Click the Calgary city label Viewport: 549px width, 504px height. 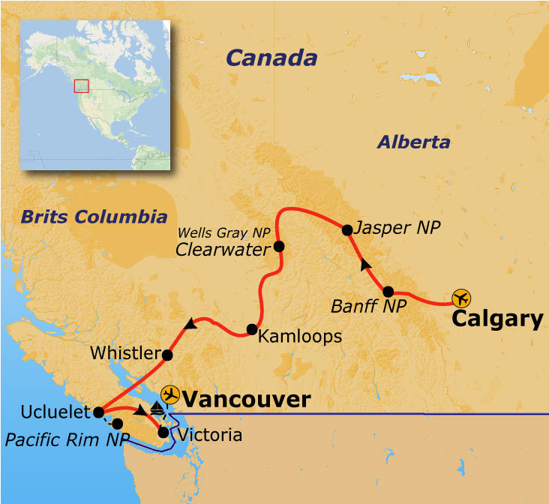(x=497, y=319)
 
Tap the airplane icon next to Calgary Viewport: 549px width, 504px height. (x=462, y=297)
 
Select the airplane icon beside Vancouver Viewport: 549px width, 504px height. (x=171, y=394)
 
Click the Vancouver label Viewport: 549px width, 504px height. (x=246, y=399)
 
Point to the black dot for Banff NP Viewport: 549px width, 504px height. (x=388, y=292)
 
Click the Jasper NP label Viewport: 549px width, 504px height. (x=398, y=227)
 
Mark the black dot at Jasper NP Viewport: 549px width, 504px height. (x=347, y=230)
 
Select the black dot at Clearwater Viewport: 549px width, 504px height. (x=279, y=246)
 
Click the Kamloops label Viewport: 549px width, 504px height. (x=299, y=337)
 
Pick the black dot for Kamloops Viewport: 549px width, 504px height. (x=253, y=330)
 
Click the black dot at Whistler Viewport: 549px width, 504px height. (x=167, y=355)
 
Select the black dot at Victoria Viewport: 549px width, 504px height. (x=163, y=432)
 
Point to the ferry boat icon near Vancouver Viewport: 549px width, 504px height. (x=156, y=409)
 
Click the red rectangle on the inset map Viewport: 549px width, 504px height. (x=81, y=85)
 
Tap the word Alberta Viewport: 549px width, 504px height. (x=413, y=142)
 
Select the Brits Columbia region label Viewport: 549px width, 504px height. (x=94, y=217)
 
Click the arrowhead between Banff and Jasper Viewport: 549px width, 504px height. (x=364, y=265)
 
